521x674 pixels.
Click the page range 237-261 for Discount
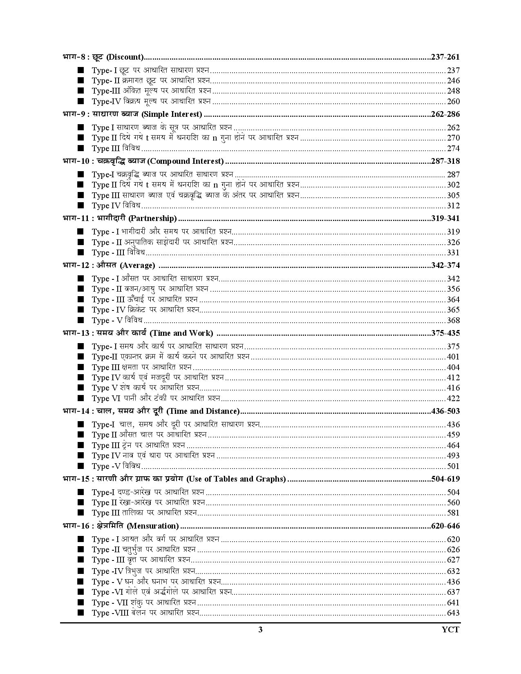pos(445,57)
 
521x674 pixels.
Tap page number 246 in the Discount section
pos(453,81)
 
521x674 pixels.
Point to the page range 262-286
pos(445,114)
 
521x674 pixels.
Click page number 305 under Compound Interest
pos(453,196)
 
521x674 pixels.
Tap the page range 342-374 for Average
pos(445,266)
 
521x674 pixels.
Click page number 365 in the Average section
pos(453,310)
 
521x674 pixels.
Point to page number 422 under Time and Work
pos(453,399)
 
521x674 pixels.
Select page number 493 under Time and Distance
pos(453,456)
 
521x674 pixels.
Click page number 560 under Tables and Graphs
pos(453,503)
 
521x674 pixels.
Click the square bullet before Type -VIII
pos(80,613)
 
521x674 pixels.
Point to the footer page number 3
pos(260,630)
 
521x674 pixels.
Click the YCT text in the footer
pos(451,630)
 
